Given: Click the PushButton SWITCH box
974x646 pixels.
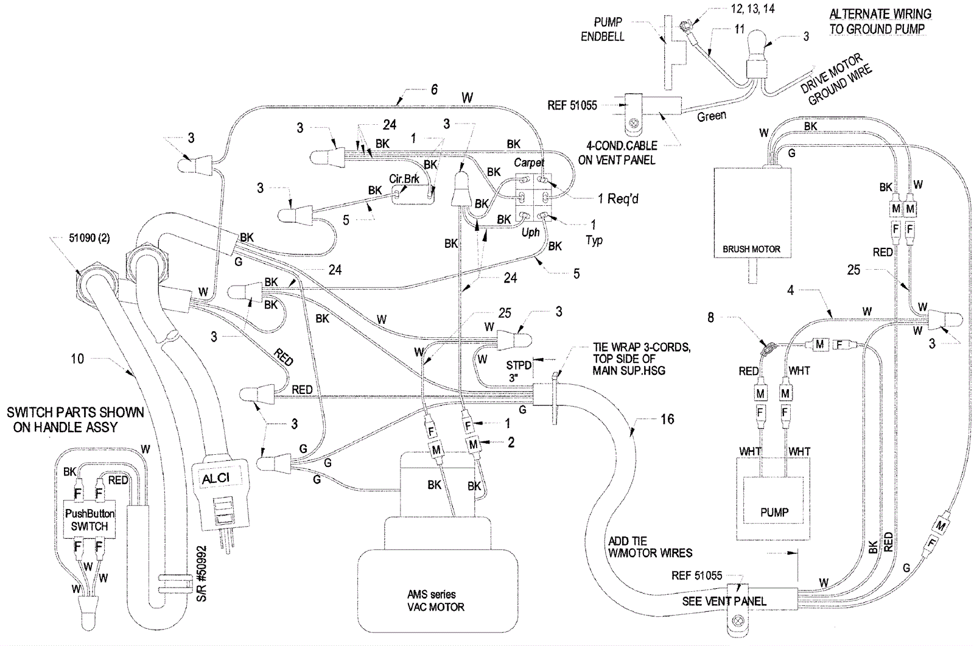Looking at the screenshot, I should pyautogui.click(x=89, y=520).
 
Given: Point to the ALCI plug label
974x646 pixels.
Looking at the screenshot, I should pyautogui.click(x=215, y=479).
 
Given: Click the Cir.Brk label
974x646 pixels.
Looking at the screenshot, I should pyautogui.click(x=404, y=180).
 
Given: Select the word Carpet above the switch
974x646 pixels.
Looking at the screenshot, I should pyautogui.click(x=528, y=163).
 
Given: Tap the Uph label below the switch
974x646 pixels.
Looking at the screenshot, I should pyautogui.click(x=530, y=233).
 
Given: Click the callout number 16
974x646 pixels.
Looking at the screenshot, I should pyautogui.click(x=667, y=419).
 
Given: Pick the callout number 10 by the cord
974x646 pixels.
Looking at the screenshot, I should pyautogui.click(x=77, y=359).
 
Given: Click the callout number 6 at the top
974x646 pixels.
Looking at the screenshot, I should pyautogui.click(x=433, y=90).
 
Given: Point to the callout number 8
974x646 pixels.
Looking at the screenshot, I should pyautogui.click(x=710, y=317).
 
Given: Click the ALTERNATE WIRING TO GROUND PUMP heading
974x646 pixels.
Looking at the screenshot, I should pyautogui.click(x=880, y=21).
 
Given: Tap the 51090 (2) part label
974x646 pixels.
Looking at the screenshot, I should pyautogui.click(x=89, y=238).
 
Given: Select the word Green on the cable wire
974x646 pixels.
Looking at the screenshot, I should pyautogui.click(x=711, y=116).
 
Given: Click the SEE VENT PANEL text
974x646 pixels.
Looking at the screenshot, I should pyautogui.click(x=724, y=601).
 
